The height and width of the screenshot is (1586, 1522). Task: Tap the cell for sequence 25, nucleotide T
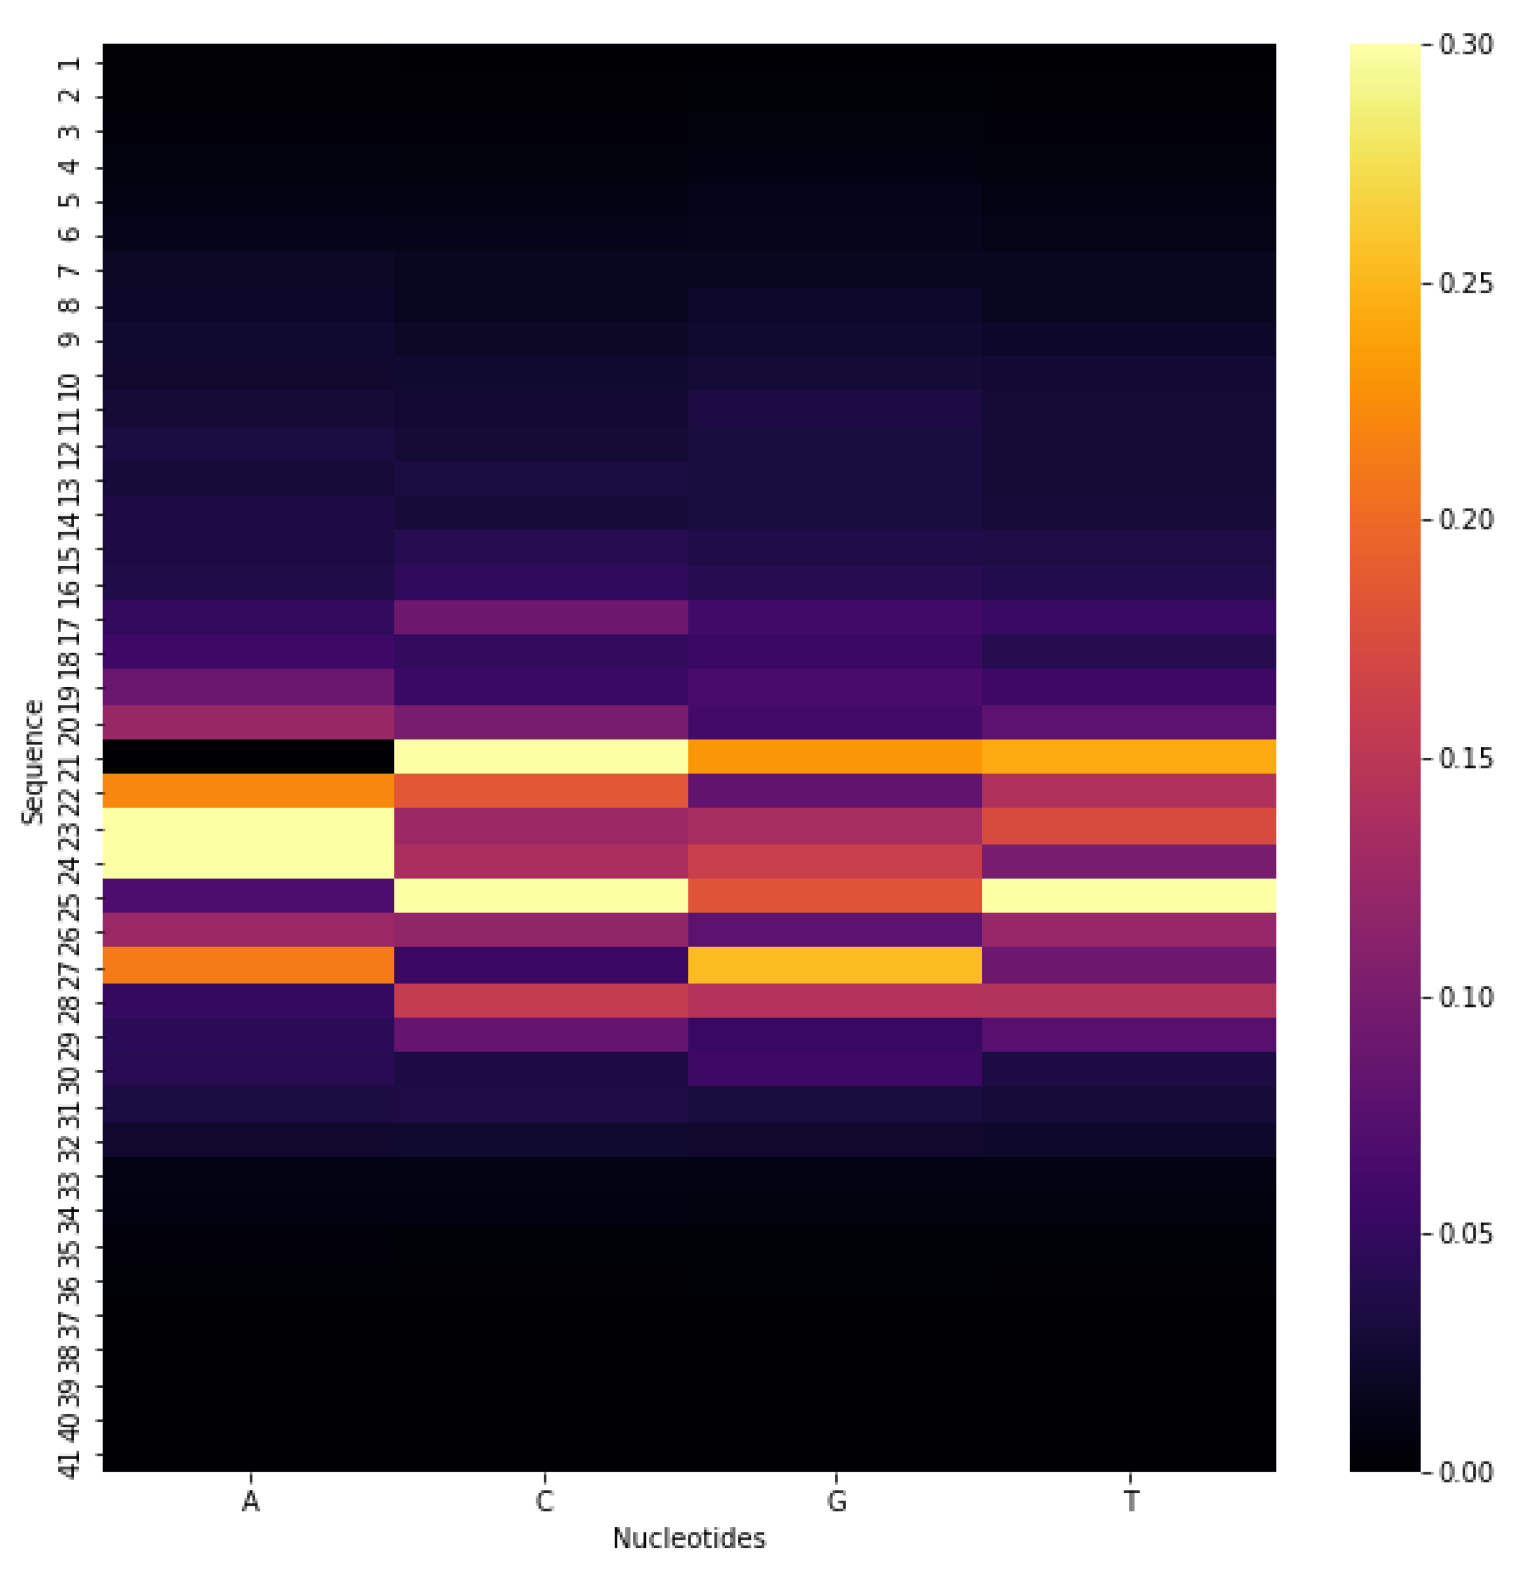[x=1129, y=895]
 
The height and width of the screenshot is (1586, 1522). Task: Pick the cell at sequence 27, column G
[x=835, y=965]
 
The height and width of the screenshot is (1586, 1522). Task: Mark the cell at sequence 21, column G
[x=835, y=757]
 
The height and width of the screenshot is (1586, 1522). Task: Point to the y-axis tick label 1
[x=71, y=63]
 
